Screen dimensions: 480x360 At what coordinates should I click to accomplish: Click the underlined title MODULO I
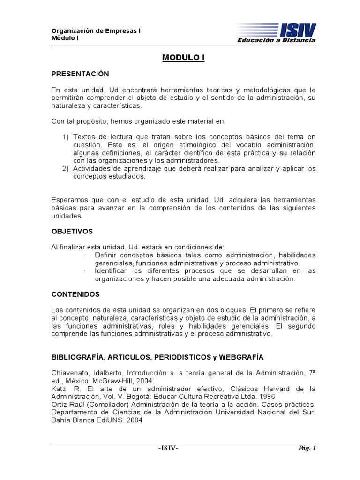184,58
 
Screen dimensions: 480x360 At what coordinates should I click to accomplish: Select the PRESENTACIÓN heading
80,74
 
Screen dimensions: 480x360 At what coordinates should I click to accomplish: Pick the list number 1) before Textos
66,137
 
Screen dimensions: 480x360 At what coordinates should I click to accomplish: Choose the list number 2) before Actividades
66,168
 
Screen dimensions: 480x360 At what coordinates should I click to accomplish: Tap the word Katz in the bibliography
59,389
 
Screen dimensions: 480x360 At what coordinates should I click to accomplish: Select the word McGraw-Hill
121,381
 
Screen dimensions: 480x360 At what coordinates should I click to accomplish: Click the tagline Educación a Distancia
277,41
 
